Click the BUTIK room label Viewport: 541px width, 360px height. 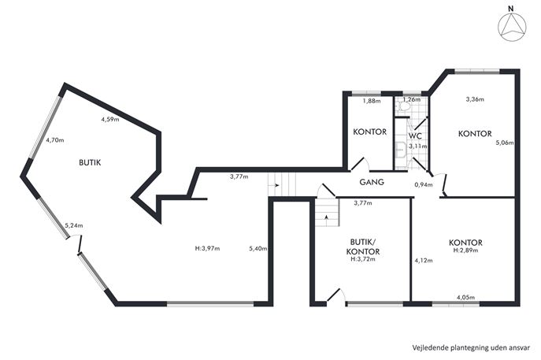pyautogui.click(x=90, y=162)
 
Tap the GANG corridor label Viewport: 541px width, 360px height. pyautogui.click(x=372, y=182)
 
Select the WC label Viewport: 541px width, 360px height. pyautogui.click(x=416, y=135)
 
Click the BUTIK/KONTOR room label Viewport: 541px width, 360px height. pyautogui.click(x=362, y=247)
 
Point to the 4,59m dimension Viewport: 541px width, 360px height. pyautogui.click(x=110, y=120)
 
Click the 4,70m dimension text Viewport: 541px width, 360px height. pyautogui.click(x=55, y=140)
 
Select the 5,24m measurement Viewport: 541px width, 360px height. pyautogui.click(x=74, y=226)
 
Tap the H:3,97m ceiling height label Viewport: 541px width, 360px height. pyautogui.click(x=207, y=248)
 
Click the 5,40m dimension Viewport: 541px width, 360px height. pyautogui.click(x=258, y=248)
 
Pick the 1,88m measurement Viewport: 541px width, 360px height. pyautogui.click(x=372, y=101)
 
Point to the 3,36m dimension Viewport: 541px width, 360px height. pyautogui.click(x=475, y=99)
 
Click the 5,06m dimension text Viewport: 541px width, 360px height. pyautogui.click(x=505, y=143)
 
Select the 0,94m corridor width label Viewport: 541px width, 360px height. pyautogui.click(x=424, y=184)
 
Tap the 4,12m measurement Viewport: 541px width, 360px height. pyautogui.click(x=424, y=261)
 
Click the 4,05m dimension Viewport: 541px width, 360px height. pyautogui.click(x=465, y=297)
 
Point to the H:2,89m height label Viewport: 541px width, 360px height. pyautogui.click(x=465, y=251)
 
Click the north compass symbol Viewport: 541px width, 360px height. pyautogui.click(x=513, y=26)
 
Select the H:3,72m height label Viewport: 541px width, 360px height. pyautogui.click(x=363, y=259)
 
